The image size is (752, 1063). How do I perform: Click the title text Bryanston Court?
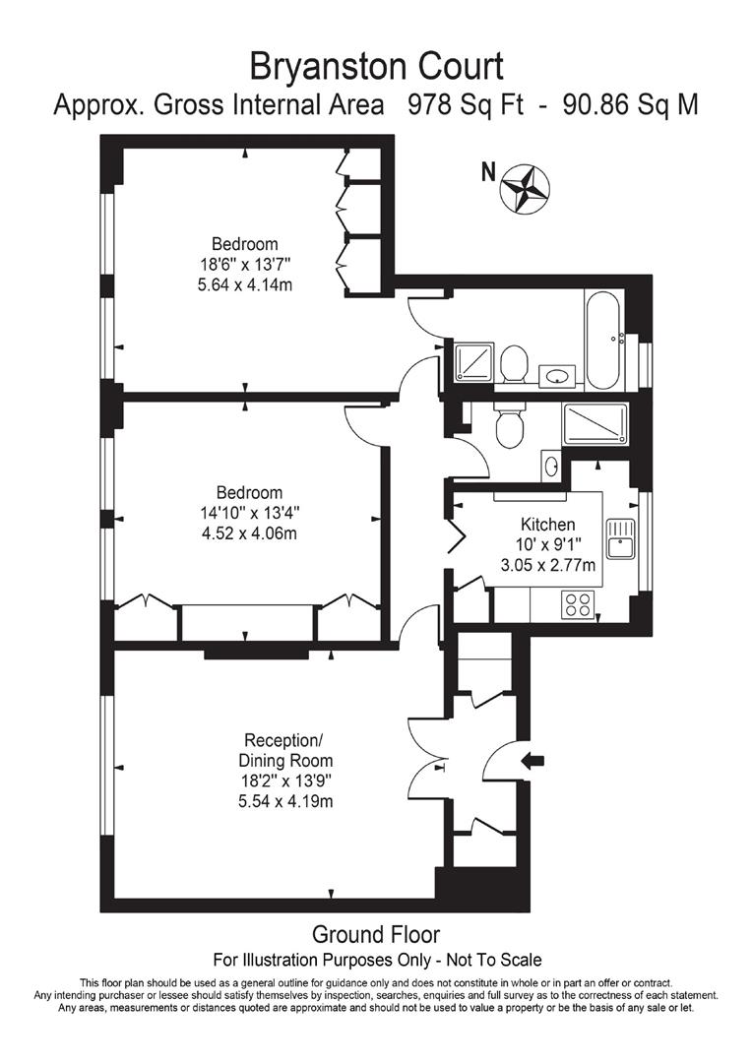tap(376, 66)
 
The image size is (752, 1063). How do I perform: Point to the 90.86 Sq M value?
tap(630, 105)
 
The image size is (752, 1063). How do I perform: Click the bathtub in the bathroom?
tap(602, 341)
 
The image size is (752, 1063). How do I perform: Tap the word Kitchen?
tap(547, 525)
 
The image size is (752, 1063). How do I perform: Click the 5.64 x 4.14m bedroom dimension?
tap(245, 284)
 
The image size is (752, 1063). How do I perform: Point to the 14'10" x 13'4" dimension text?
tap(249, 513)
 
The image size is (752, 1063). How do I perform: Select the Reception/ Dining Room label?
tap(285, 750)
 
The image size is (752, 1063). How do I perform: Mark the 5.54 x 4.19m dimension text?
tap(285, 800)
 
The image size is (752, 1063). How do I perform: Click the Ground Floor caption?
tap(376, 934)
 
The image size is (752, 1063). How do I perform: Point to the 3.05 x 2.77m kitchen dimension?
tap(547, 565)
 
